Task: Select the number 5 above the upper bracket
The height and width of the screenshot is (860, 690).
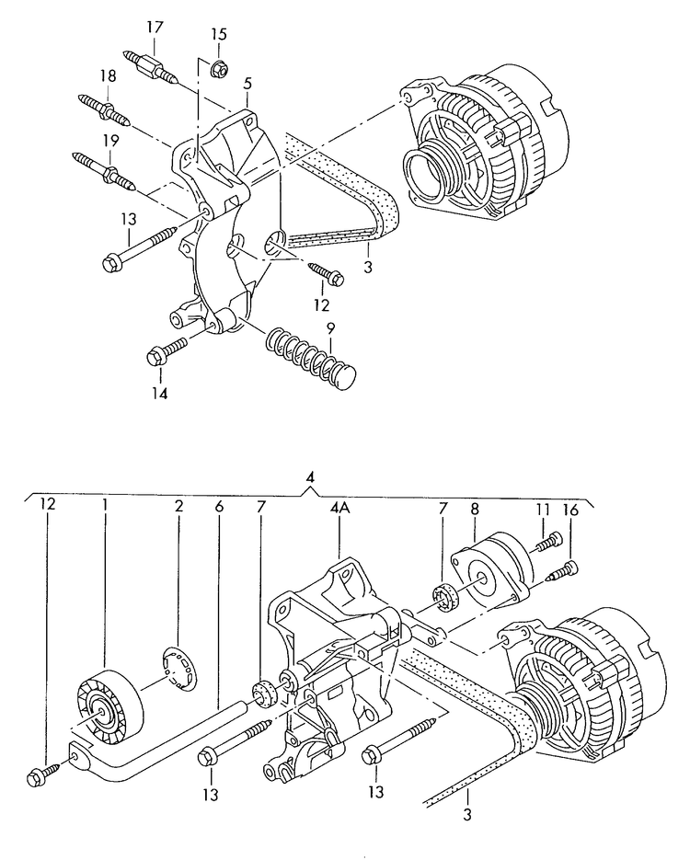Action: click(x=247, y=85)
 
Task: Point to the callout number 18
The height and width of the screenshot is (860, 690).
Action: click(x=109, y=76)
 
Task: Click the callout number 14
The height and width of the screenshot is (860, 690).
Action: click(x=161, y=394)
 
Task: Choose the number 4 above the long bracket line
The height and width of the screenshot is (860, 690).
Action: click(x=311, y=478)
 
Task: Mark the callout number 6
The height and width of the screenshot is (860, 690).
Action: click(x=219, y=505)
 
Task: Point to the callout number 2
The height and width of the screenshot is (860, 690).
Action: click(x=179, y=505)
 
